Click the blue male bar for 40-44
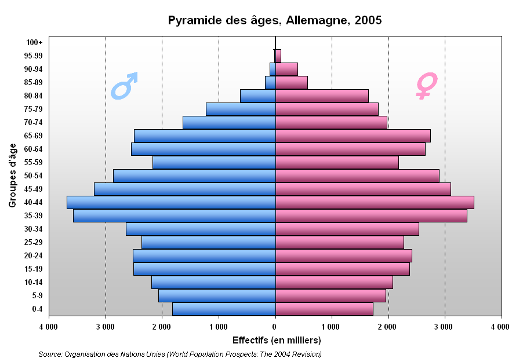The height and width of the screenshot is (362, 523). click(171, 202)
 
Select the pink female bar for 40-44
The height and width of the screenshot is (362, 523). click(375, 202)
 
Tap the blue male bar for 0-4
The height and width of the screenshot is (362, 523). click(224, 309)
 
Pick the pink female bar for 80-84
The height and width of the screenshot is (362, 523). click(322, 96)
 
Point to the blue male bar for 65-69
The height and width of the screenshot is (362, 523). click(205, 136)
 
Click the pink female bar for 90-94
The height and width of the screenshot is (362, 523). click(286, 69)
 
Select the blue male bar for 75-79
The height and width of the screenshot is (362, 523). click(241, 109)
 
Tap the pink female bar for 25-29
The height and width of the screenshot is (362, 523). click(340, 242)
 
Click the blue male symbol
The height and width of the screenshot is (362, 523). click(125, 85)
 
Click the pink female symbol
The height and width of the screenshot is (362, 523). click(426, 85)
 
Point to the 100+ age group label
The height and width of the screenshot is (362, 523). click(34, 42)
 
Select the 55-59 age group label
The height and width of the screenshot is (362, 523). click(34, 162)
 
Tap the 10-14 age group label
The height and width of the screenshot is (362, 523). click(34, 282)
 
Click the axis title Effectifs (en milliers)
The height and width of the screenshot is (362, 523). click(275, 340)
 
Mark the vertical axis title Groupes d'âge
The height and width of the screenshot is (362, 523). click(12, 175)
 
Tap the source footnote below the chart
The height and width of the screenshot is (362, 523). click(180, 354)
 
